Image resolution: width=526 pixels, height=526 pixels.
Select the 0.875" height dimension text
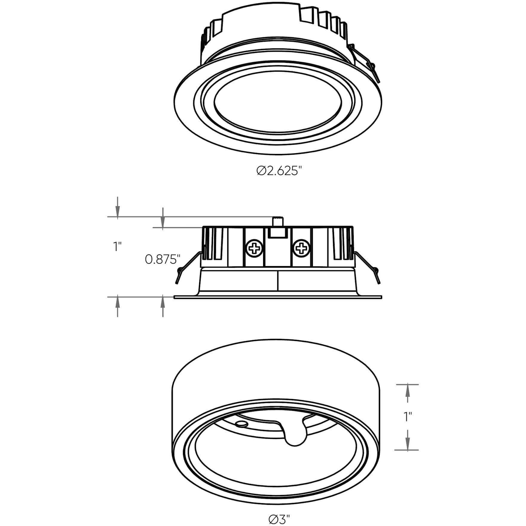coord(163,259)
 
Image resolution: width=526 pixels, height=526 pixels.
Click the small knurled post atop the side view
coord(278,222)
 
